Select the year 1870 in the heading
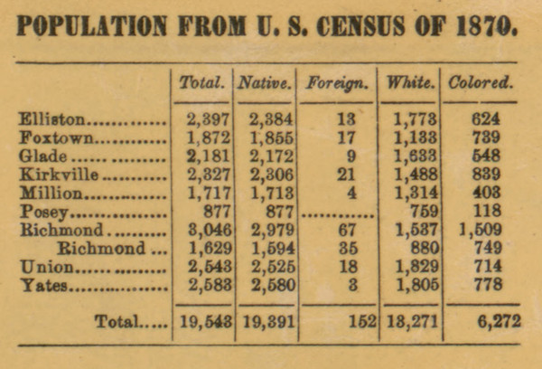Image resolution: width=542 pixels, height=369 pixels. pyautogui.click(x=482, y=25)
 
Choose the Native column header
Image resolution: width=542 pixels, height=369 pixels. pyautogui.click(x=265, y=84)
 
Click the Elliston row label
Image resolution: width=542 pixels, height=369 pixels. pyautogui.click(x=54, y=118)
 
